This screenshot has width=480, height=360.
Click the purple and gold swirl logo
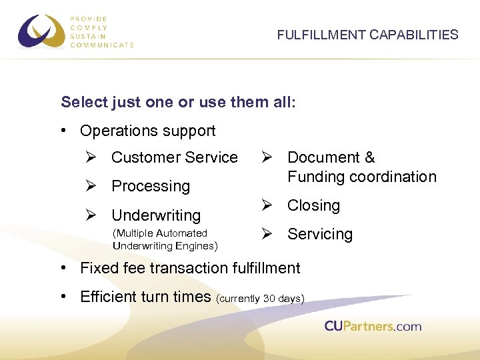pos(41,31)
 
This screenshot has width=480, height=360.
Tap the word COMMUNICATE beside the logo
pos(102,45)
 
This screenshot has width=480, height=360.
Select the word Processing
pos(151,187)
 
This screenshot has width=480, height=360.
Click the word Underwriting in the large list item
pos(156,215)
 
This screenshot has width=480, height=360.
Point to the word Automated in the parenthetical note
pos(181,233)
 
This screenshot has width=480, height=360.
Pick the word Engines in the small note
pos(193,245)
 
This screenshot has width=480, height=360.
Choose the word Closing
pos(313,206)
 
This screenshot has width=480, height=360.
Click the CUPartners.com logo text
pos(373,326)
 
